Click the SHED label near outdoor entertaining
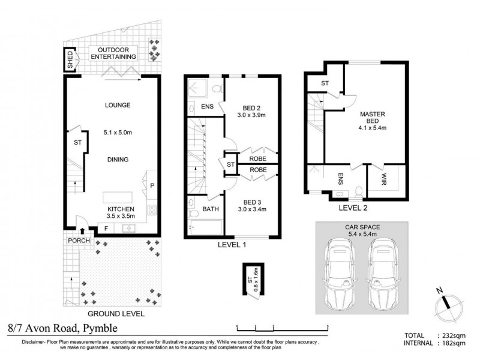pyautogui.click(x=70, y=59)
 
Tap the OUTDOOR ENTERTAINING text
pyautogui.click(x=113, y=53)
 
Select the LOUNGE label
pyautogui.click(x=118, y=106)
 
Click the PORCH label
pyautogui.click(x=79, y=241)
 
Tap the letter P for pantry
pyautogui.click(x=152, y=186)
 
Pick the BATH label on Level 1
pyautogui.click(x=211, y=209)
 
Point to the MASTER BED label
pyautogui.click(x=372, y=118)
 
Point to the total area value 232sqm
pyautogui.click(x=454, y=335)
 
